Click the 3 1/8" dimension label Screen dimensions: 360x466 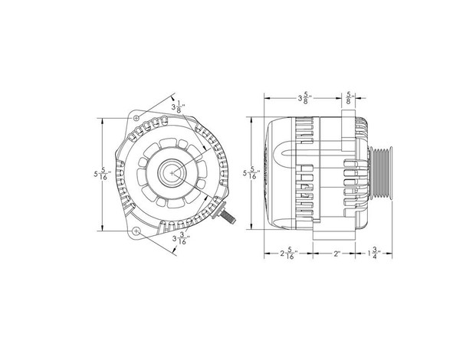click(179, 106)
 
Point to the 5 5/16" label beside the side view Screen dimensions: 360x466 click(247, 175)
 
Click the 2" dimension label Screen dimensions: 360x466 click(336, 254)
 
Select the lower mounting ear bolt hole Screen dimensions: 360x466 click(136, 231)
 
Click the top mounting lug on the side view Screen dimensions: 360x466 click(346, 115)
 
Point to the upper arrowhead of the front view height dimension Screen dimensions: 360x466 click(103, 121)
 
